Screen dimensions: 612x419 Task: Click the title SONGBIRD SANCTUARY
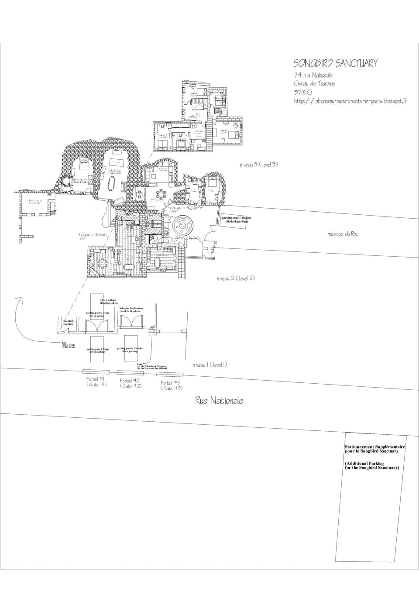[335, 64]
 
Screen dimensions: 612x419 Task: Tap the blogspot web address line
[350, 101]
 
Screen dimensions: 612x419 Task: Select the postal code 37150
[302, 92]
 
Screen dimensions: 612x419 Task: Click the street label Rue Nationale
[219, 400]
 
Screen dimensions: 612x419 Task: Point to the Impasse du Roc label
[343, 234]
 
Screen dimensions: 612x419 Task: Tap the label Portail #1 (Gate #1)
[96, 382]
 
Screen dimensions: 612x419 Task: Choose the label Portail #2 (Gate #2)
[131, 383]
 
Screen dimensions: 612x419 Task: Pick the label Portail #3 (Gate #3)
[171, 385]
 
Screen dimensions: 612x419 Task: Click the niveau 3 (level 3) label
[258, 165]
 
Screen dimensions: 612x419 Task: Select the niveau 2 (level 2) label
[236, 278]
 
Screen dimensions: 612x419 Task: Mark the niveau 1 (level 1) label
[209, 365]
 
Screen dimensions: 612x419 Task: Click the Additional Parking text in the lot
[371, 465]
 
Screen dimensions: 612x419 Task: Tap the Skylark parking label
[236, 220]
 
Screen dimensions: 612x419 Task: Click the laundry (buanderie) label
[69, 323]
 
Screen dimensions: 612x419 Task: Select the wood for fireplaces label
[131, 309]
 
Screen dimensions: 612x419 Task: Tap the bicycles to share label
[108, 302]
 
